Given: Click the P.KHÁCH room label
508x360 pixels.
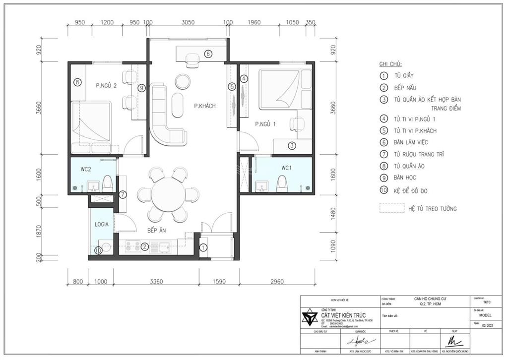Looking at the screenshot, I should coord(205,106).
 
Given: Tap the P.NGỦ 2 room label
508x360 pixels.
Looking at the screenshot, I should coord(106,85).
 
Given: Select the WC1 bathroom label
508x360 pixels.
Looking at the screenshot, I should coord(286,168).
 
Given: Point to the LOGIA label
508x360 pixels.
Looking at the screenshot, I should coord(102,224).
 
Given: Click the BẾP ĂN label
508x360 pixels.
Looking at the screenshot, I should coord(156,231).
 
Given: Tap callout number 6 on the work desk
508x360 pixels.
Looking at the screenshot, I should coord(208,54).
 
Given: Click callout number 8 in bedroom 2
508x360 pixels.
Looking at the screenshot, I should coord(77,82).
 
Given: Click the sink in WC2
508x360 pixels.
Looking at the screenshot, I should coord(93,186).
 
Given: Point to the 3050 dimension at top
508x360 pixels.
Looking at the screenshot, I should coord(188,22).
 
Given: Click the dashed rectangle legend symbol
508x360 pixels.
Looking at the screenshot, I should coord(391,208).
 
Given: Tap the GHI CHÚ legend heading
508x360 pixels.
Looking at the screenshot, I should coord(390,64).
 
